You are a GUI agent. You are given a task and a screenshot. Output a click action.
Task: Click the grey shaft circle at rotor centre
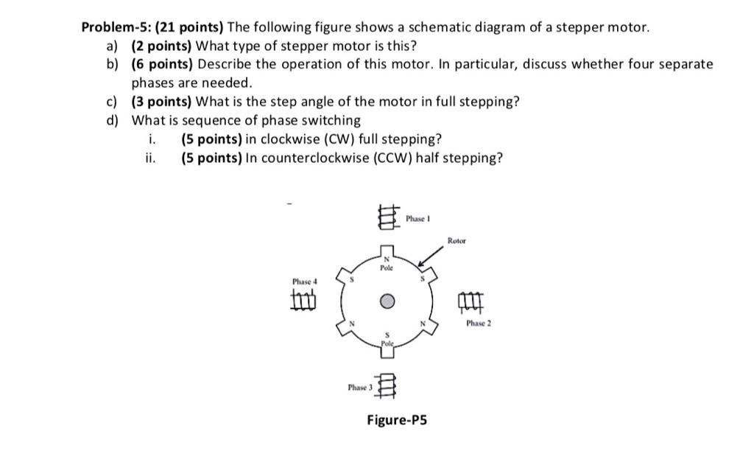387,301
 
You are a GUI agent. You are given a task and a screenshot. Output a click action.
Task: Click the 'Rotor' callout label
456,241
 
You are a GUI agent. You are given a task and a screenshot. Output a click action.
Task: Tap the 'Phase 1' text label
417,219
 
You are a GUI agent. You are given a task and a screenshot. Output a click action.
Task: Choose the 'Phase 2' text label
478,324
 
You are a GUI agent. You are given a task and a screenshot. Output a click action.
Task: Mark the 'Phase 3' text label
361,387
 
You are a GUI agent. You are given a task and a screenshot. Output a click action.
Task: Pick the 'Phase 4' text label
304,282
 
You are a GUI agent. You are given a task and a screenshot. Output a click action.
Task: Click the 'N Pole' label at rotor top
387,264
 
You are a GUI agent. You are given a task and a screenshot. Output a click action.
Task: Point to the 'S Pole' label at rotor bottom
387,339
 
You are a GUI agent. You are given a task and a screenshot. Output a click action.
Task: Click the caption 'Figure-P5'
397,420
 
